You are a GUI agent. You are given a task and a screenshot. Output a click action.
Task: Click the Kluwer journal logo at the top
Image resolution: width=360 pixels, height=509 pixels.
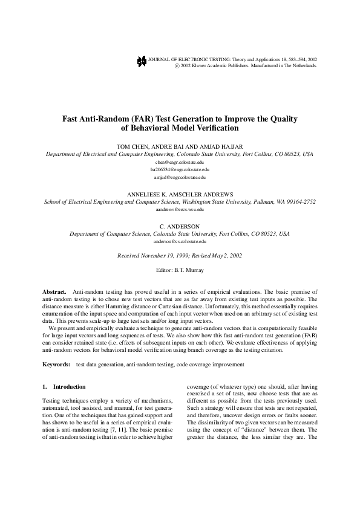tap(142, 60)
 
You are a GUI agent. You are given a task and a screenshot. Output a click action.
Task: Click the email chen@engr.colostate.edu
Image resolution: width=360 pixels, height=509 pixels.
tap(180, 163)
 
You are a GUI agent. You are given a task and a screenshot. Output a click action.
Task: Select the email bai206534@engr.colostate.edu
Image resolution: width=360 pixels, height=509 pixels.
tap(180, 170)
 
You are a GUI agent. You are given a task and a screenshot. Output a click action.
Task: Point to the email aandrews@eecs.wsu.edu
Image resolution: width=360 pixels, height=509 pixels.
tap(180, 209)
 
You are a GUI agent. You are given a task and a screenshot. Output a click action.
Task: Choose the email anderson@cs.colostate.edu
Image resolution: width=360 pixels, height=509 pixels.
tap(180, 241)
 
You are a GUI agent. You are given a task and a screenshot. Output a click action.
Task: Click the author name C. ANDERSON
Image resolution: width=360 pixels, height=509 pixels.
tap(180, 225)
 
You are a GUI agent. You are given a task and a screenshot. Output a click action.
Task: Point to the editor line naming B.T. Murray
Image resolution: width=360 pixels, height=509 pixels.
tap(180, 270)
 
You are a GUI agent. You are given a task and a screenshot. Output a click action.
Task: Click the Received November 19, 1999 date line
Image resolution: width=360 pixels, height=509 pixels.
tap(180, 256)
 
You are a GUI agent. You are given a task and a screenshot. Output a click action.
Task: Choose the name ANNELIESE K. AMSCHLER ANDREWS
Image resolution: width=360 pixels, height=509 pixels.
tap(180, 193)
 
